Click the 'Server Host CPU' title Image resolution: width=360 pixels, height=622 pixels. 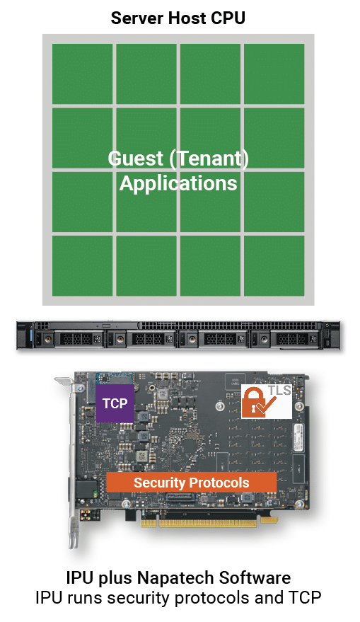178,18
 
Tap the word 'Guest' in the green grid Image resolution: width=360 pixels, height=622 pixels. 136,159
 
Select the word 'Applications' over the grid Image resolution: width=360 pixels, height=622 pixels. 178,184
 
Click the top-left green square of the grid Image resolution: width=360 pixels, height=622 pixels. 83,74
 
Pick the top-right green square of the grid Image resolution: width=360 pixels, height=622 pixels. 274,74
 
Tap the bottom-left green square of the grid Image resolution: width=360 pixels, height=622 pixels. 83,266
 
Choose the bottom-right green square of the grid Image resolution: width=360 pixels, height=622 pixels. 274,266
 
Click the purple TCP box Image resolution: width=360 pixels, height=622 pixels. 115,403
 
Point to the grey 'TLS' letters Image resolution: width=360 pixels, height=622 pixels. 279,391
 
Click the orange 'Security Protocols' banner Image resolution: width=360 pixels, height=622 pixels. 192,483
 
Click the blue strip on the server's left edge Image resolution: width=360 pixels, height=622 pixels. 29,336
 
